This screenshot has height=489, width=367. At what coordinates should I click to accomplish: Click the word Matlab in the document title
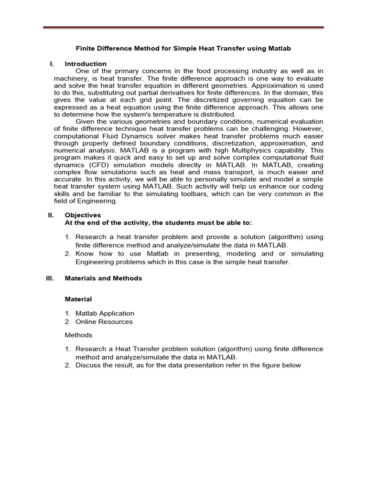280,49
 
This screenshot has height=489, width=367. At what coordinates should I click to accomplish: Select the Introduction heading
86,64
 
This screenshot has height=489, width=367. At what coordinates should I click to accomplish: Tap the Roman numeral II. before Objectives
52,215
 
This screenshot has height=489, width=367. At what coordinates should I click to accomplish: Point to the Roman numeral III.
49,278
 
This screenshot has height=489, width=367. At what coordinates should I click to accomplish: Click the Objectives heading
83,215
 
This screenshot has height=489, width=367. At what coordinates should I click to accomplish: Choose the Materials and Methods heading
103,278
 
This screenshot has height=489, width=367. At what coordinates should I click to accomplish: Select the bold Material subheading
78,299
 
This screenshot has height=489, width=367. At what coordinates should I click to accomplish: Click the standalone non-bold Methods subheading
78,335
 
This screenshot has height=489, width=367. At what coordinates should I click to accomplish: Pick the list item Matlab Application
105,313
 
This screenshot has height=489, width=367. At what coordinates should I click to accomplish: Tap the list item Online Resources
104,321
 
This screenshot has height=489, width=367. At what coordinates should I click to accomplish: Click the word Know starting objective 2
84,254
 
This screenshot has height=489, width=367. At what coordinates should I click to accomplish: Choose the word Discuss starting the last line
88,365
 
